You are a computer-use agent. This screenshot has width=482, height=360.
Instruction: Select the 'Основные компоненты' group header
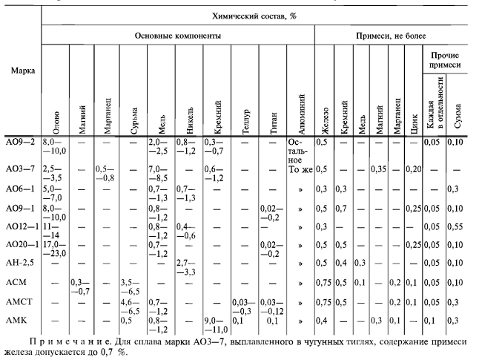coord(177,35)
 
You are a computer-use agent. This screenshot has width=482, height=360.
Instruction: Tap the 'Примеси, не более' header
coord(397,35)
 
